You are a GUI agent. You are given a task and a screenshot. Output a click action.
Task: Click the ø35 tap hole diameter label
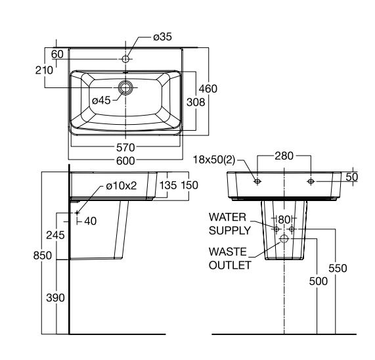click(x=162, y=37)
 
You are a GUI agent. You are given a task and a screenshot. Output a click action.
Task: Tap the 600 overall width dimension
click(x=125, y=160)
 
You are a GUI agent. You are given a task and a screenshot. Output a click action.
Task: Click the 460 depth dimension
click(x=208, y=89)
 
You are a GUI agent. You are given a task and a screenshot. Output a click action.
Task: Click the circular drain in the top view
click(x=125, y=87)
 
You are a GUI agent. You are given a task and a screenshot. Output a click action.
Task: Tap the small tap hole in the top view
click(x=125, y=59)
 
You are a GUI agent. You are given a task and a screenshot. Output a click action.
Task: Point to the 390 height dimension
click(x=56, y=298)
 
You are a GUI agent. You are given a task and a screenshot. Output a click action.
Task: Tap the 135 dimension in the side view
click(x=168, y=186)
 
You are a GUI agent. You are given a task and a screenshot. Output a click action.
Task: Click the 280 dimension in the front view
click(x=284, y=156)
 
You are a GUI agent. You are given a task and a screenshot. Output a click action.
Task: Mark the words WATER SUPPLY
click(x=229, y=223)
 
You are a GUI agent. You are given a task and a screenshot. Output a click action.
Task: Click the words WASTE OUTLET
click(x=229, y=258)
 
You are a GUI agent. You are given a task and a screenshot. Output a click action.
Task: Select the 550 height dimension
click(x=338, y=268)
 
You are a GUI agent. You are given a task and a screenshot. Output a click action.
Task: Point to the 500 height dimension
click(x=318, y=281)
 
